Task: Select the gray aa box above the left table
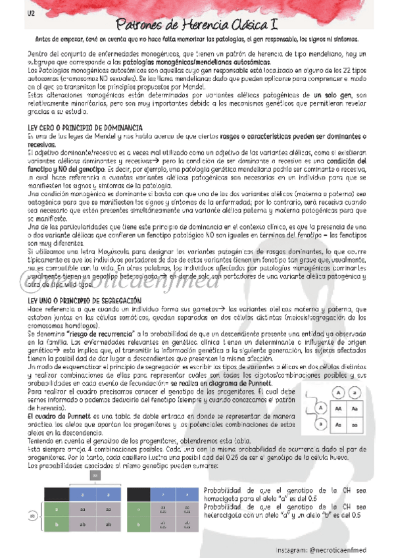pyautogui.click(x=95, y=475)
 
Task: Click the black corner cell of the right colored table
pyautogui.click(x=141, y=494)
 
